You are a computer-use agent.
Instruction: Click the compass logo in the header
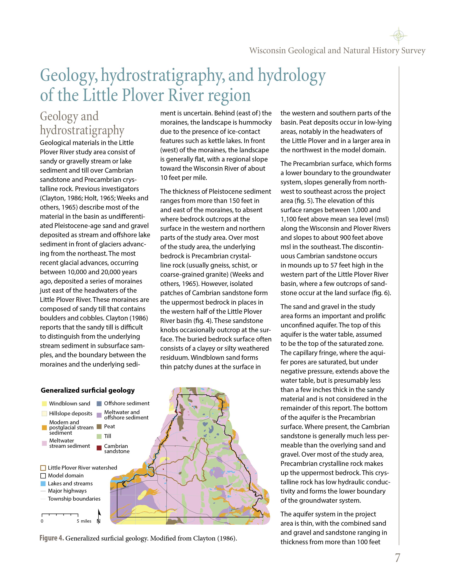click(398, 35)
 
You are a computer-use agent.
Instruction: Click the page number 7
click(397, 558)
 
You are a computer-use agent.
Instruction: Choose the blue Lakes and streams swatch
click(43, 483)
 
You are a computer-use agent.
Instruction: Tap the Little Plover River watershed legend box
click(43, 468)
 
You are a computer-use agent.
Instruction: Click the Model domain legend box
click(43, 476)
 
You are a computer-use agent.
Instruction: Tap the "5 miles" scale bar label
click(84, 521)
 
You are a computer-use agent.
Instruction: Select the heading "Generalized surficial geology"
click(88, 390)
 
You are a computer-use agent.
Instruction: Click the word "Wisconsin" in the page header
click(267, 51)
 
